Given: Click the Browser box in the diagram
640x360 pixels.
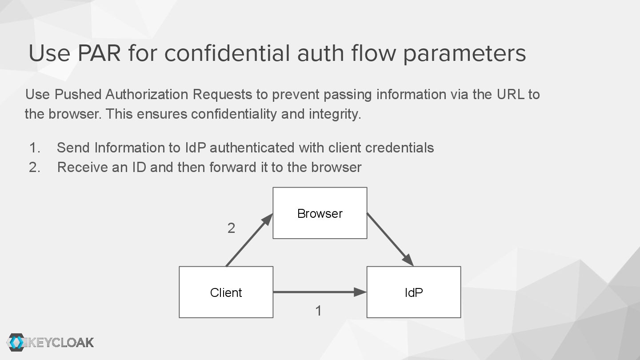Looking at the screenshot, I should point(320,213).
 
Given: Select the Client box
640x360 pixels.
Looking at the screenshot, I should point(226,292).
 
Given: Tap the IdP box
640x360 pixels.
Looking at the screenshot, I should point(413,292).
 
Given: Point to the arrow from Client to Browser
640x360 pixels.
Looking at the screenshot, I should point(249,240).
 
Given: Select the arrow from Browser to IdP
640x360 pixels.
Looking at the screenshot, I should point(390,240).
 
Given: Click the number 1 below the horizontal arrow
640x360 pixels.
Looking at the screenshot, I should point(318,311).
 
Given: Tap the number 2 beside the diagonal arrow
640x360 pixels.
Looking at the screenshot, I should point(231,228).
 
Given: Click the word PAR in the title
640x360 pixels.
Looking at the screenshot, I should point(99,53).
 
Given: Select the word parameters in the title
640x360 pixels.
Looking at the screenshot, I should point(464,53).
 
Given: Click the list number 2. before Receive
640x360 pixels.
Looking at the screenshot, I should point(34,168).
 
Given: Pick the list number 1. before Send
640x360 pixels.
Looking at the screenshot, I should point(34,148).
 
